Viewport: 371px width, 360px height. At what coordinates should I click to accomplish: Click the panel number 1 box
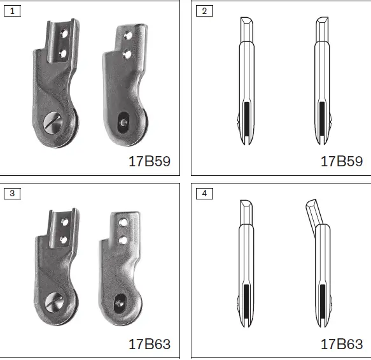click(12, 11)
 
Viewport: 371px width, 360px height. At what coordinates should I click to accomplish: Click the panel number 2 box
click(204, 11)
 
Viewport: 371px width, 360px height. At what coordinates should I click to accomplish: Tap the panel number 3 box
click(12, 194)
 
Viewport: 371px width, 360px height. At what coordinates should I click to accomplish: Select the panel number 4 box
click(204, 194)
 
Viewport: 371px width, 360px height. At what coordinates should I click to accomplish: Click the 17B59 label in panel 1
click(150, 161)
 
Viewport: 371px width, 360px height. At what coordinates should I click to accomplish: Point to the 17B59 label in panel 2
click(342, 161)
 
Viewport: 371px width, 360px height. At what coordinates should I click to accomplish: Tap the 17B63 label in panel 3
click(150, 344)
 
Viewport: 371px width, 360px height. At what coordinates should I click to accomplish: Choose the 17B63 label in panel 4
click(342, 344)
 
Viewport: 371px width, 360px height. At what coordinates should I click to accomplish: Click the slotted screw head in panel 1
click(53, 123)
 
